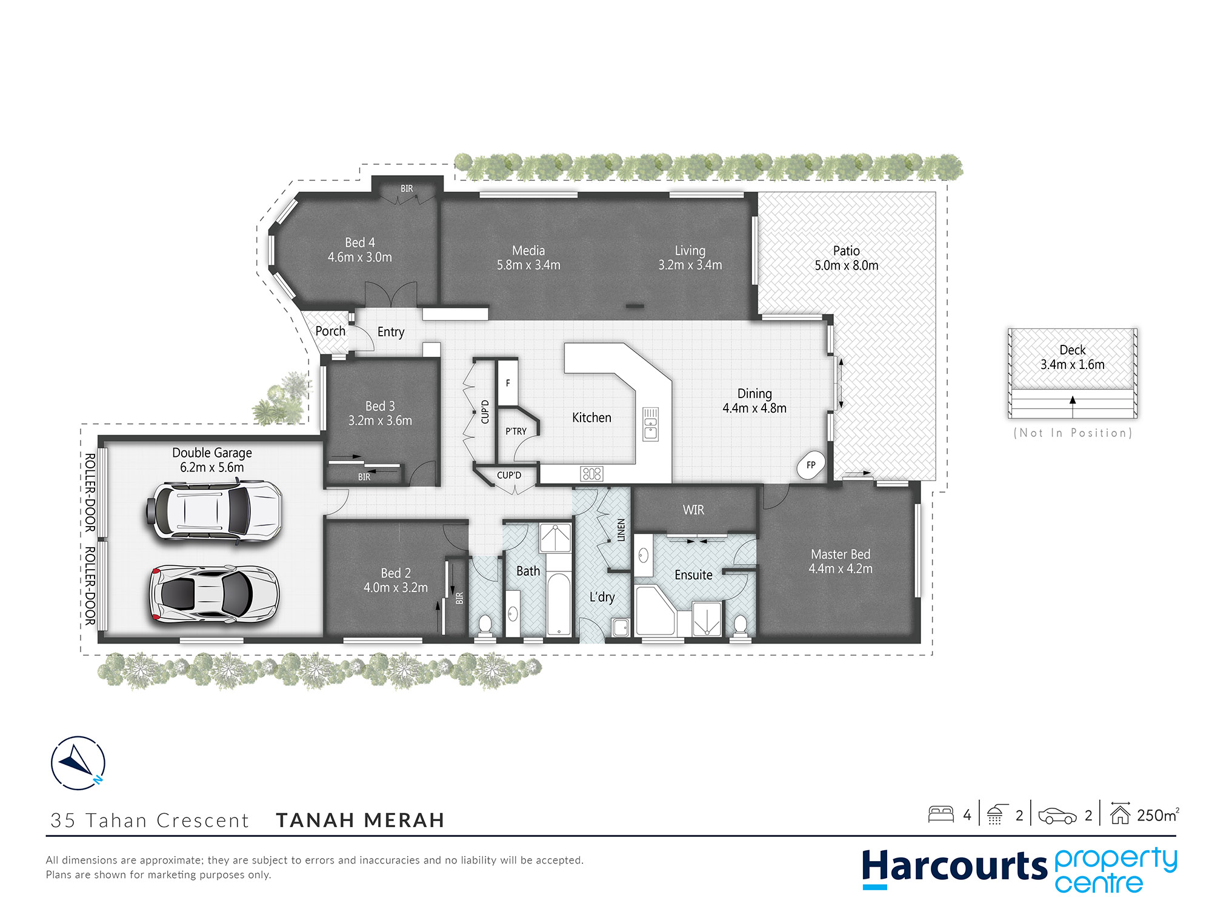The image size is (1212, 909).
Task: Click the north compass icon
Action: pos(78,762)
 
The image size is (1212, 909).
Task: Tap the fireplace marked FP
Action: pos(811,465)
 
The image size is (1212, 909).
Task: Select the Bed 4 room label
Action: pos(360,242)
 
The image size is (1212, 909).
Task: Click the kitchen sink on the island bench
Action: pos(650,424)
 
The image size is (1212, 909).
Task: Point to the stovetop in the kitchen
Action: pos(591,473)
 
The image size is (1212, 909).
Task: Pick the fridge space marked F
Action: pos(508,382)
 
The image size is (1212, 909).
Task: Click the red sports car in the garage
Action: pos(215,594)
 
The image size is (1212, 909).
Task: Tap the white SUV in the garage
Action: pos(214,510)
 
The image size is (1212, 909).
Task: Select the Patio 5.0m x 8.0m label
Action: pos(847,258)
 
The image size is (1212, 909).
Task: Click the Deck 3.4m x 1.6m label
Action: pos(1073,358)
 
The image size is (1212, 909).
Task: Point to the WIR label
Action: pos(693,510)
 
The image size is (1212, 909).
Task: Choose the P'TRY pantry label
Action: pos(516,431)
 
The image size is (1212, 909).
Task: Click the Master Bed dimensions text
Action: pos(841,569)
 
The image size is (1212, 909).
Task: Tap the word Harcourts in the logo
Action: pos(954,867)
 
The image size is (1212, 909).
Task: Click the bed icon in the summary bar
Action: pos(941,814)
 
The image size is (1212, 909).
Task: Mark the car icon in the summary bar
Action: pos(1057,816)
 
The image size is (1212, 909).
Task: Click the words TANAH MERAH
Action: pos(361,820)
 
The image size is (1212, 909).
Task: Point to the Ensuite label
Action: pos(693,574)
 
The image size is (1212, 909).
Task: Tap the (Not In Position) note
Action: pos(1073,433)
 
